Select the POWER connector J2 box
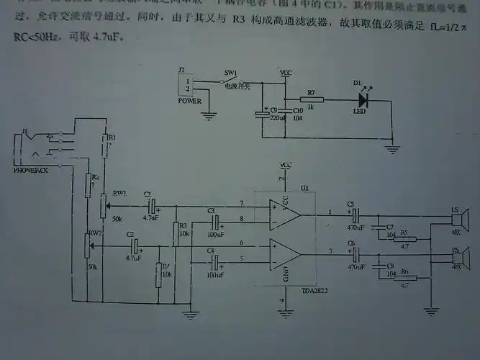[188, 87]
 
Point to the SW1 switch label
[230, 74]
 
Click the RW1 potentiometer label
[119, 193]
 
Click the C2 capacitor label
[130, 235]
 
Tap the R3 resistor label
[183, 226]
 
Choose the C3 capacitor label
[211, 210]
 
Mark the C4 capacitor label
[211, 251]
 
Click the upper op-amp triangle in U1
[284, 215]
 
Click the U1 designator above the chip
[304, 188]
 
